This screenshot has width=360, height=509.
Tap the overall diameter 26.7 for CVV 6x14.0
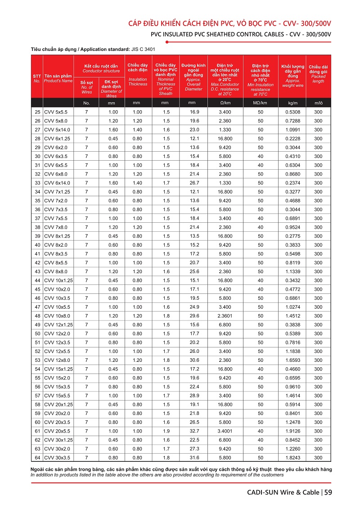click(x=194, y=183)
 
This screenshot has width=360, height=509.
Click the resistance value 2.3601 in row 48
click(x=225, y=316)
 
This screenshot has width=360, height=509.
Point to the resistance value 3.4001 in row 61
click(x=225, y=431)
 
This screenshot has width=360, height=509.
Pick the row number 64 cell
click(x=37, y=458)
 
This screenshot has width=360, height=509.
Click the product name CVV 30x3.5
click(x=57, y=458)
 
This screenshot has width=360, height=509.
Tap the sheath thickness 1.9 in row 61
click(x=166, y=431)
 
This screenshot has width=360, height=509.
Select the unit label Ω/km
click(x=225, y=103)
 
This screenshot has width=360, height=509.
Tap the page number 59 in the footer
click(x=328, y=492)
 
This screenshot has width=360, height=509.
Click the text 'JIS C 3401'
click(x=143, y=49)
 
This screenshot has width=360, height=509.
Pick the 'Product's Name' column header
click(x=58, y=81)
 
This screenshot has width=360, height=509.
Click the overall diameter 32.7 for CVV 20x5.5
click(x=194, y=431)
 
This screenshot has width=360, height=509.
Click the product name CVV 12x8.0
click(x=57, y=360)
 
